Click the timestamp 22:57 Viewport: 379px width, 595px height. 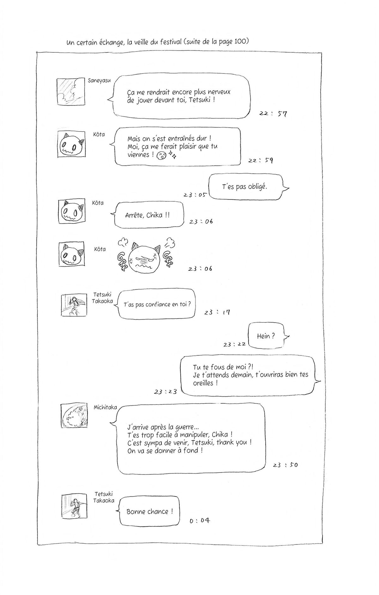point(273,114)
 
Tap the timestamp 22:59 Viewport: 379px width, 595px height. point(261,160)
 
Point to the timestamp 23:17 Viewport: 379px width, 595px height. point(217,312)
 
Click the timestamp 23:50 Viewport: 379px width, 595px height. point(285,465)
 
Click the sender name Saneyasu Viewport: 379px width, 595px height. point(99,80)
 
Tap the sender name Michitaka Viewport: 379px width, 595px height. point(105,407)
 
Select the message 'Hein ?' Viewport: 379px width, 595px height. point(266,336)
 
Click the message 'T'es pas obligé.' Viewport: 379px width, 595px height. point(244,187)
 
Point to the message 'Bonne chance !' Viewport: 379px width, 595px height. point(149,512)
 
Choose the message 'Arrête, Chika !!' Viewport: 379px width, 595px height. point(147,215)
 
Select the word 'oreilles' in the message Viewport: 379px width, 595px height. point(203,383)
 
